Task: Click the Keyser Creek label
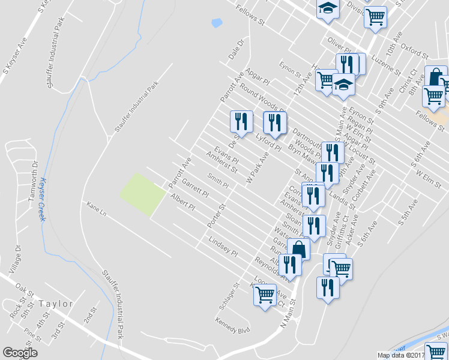coord(43,200)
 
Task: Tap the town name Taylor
coord(55,304)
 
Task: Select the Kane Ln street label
coord(96,209)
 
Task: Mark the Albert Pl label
coord(182,202)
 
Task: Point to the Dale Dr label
coord(234,49)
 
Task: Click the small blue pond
coord(217,23)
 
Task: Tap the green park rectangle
coord(143,195)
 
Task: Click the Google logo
coord(20,353)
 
